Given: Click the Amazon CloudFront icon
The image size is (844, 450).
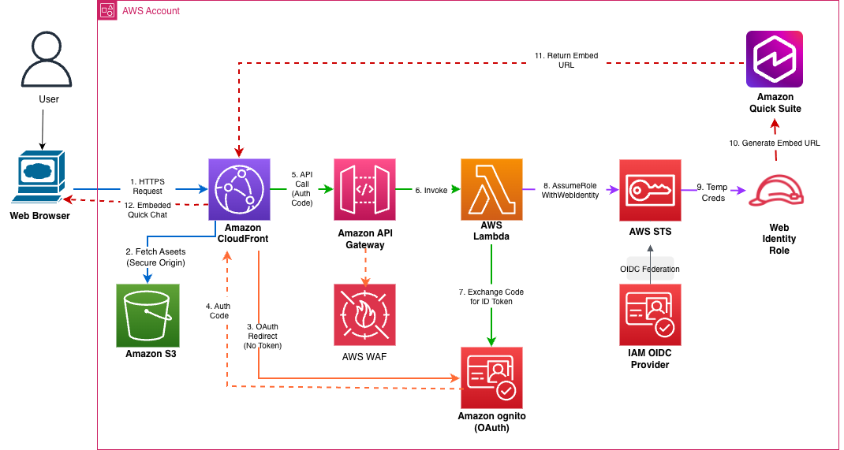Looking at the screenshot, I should click(238, 189).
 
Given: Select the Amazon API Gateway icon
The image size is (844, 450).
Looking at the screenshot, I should click(364, 189).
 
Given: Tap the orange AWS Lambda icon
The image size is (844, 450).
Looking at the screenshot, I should click(491, 189).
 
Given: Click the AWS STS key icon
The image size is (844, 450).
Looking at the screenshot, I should click(650, 189).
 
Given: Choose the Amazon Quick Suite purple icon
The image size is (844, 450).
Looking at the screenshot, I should click(775, 59).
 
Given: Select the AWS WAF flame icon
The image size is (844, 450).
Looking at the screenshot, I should click(364, 315).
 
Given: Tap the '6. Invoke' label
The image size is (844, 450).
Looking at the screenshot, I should click(431, 190).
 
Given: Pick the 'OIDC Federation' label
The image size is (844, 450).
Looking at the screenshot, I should click(650, 269).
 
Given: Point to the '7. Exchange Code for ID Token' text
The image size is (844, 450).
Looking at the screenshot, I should click(491, 297).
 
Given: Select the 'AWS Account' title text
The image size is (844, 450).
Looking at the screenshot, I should click(152, 11).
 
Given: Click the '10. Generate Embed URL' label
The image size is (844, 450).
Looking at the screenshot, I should click(775, 143).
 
